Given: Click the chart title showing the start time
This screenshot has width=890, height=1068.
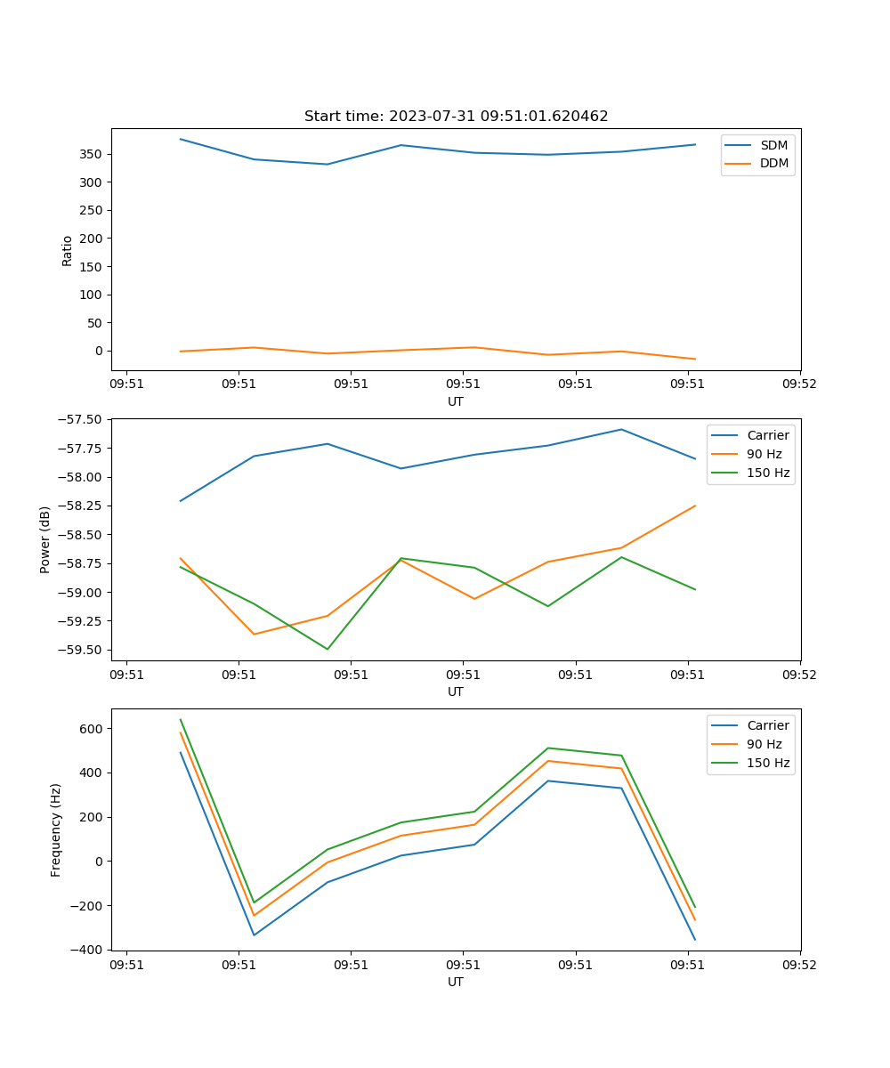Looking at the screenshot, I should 456,117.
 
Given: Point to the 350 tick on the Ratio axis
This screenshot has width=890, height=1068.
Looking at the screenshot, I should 92,154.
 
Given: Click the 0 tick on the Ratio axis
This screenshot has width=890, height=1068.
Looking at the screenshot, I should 99,351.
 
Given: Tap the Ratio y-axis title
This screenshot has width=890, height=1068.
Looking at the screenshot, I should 68,250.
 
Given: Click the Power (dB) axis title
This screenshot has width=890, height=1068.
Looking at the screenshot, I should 45,539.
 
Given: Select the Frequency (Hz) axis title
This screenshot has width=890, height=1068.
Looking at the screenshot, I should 56,829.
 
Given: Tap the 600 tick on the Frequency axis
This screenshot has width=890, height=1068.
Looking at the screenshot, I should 92,729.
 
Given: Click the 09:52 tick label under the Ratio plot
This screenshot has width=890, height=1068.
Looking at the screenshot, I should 798,384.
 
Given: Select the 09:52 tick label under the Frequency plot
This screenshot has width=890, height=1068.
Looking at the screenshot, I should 798,965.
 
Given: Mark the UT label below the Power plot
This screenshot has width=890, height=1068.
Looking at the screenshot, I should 456,692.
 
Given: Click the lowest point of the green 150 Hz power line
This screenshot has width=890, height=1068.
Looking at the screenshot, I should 328,649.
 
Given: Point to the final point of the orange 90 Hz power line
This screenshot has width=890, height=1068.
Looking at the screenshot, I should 695,506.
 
